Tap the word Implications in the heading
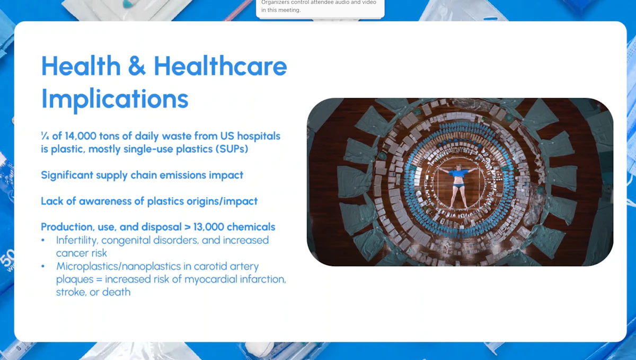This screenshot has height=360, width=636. point(114,99)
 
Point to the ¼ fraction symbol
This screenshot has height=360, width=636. point(45,136)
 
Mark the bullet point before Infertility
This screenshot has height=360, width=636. point(43,241)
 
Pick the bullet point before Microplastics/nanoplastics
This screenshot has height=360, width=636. point(43,267)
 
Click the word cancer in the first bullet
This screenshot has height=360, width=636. point(73,253)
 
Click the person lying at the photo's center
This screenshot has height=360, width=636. point(460,186)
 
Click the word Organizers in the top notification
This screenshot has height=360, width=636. point(278,3)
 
